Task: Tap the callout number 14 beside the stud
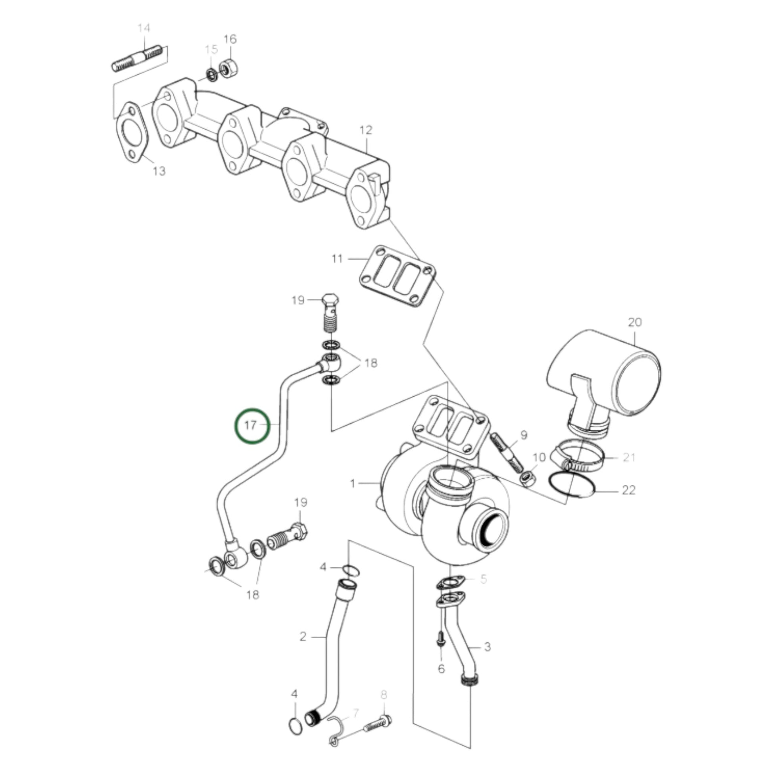point(144,28)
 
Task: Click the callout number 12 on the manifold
point(366,130)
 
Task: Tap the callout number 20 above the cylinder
point(635,322)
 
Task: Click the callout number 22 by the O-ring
point(628,490)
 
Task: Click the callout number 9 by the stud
point(524,435)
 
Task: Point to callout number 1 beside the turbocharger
point(352,484)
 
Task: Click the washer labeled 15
point(211,75)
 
